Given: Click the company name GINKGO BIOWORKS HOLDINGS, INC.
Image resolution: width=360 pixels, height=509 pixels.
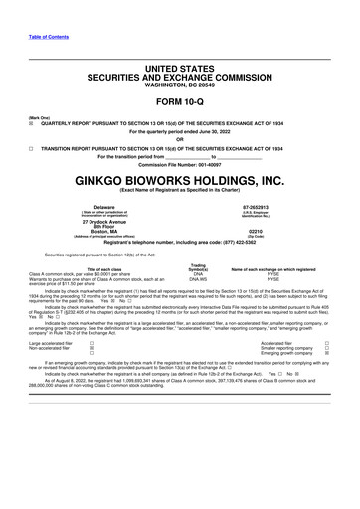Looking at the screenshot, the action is click(179, 180).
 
